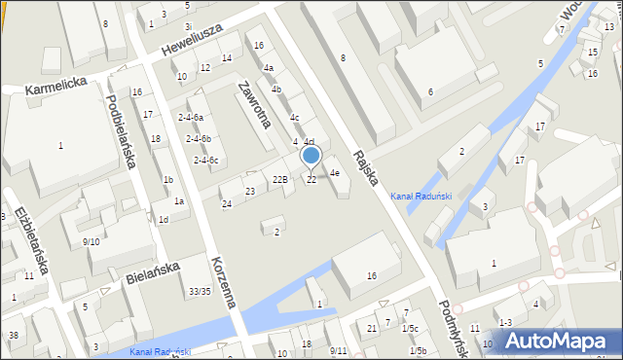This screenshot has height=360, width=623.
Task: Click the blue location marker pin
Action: point(311,155)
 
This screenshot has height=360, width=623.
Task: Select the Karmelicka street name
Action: point(57,85)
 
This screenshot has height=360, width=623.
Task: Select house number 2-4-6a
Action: point(190,117)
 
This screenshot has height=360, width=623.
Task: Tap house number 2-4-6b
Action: point(199,139)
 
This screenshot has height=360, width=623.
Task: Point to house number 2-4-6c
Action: point(205,161)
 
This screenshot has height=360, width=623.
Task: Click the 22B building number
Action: point(280,179)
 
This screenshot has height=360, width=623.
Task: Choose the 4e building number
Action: point(334,173)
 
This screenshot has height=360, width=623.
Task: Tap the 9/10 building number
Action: point(91,241)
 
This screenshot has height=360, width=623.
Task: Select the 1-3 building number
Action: point(504,322)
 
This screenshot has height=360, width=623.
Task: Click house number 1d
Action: point(164,220)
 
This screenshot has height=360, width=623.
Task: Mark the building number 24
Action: point(227,203)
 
